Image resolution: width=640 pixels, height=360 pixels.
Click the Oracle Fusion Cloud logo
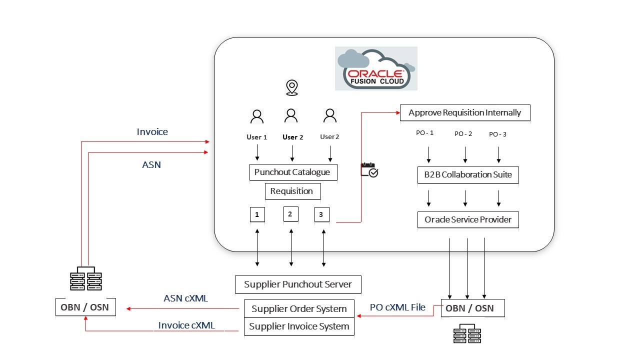[376, 68]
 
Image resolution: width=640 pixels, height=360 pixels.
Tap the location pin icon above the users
[291, 87]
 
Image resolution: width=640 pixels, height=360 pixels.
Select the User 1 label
[256, 137]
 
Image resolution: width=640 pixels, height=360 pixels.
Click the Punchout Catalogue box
[292, 172]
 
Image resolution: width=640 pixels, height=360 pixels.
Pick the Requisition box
[292, 191]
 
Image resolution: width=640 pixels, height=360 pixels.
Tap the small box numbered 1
[257, 214]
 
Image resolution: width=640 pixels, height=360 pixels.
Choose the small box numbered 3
[321, 214]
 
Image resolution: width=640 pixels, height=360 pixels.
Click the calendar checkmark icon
[369, 170]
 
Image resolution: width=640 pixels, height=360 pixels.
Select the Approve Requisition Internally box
[464, 113]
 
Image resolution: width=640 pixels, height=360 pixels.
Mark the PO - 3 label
[498, 134]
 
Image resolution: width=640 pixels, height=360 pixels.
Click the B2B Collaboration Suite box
[467, 175]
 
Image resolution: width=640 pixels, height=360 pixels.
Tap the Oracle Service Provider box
[468, 219]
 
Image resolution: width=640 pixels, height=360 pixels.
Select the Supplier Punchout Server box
[298, 284]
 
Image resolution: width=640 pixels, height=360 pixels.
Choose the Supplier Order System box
[299, 308]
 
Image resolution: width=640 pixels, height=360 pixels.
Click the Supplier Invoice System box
[299, 326]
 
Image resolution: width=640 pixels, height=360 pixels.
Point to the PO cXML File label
[397, 307]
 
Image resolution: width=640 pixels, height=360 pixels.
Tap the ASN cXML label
[185, 298]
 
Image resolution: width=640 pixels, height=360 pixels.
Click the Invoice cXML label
[186, 325]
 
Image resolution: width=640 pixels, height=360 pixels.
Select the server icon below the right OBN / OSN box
[467, 333]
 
